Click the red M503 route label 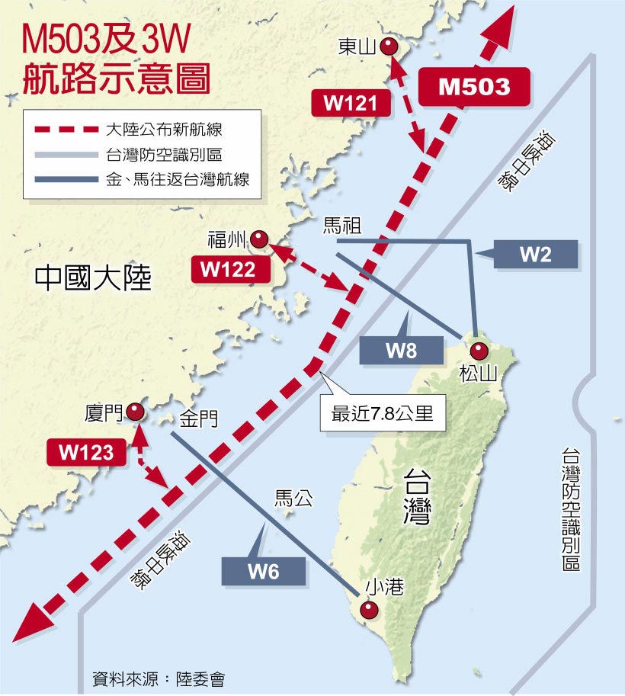point(474,86)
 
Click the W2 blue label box point(535,255)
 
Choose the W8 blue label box point(401,350)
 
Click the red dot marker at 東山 point(389,47)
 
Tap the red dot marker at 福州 point(261,239)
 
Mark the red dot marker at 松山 point(479,351)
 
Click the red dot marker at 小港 point(369,610)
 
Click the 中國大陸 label point(94,278)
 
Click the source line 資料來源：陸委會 point(158,678)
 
